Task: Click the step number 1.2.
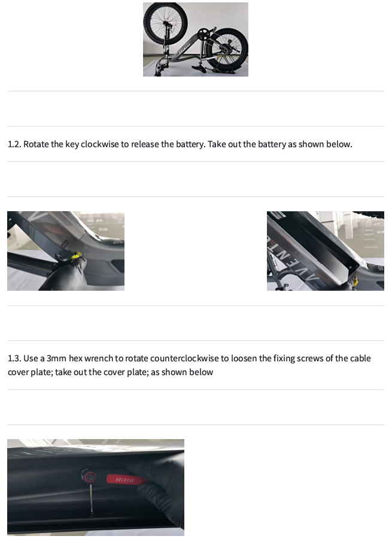tap(14, 144)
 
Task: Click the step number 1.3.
tap(14, 358)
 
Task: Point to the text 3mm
tap(56, 358)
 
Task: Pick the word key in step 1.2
tap(72, 144)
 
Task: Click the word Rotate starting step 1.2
tap(36, 144)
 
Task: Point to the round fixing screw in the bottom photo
tap(90, 477)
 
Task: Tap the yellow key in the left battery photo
tap(76, 256)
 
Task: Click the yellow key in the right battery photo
tap(354, 282)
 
